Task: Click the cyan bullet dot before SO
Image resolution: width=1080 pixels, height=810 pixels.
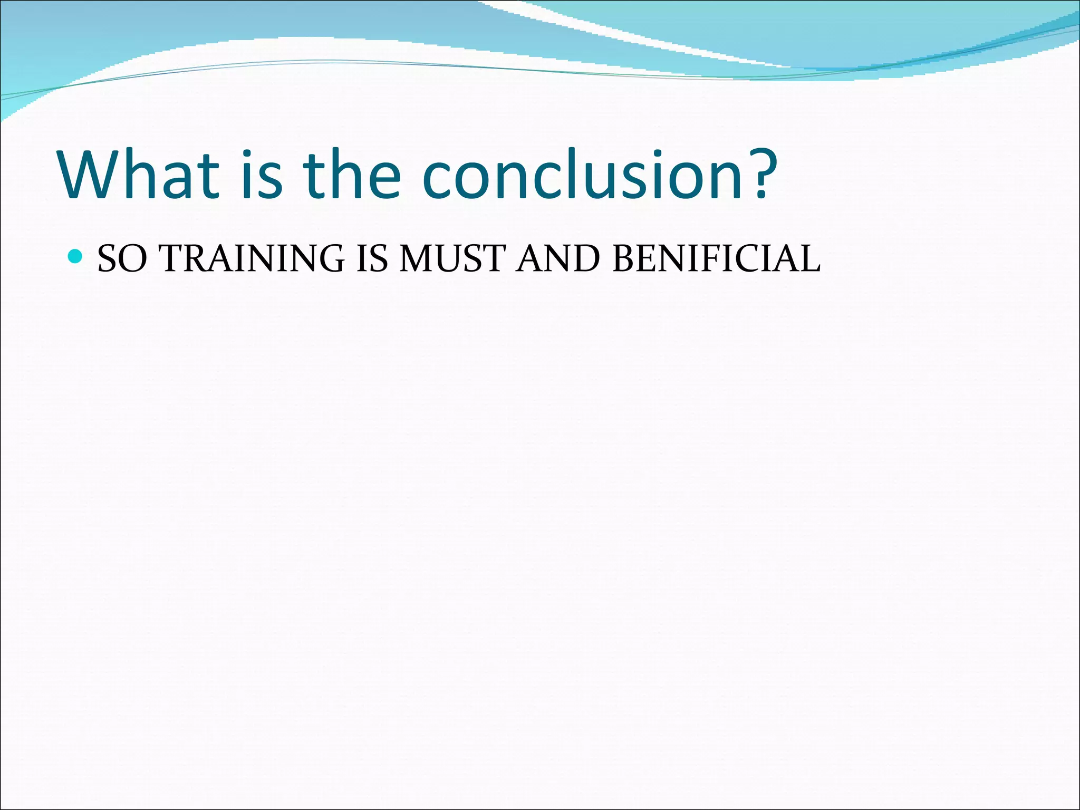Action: (76, 257)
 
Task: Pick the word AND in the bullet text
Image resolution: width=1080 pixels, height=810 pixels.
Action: (558, 258)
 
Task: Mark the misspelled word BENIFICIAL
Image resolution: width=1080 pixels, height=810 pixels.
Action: (716, 258)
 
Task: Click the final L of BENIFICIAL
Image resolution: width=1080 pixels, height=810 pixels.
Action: (809, 258)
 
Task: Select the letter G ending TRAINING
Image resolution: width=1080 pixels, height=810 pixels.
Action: (331, 258)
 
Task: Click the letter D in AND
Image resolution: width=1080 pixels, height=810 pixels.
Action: (585, 258)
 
